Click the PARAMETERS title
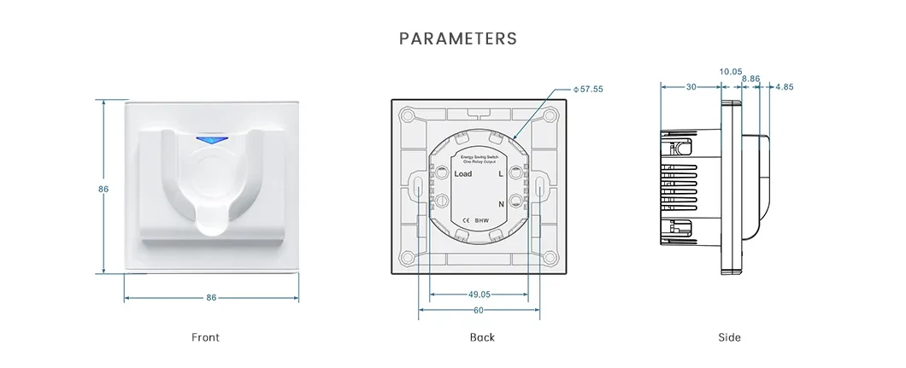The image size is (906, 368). (x=458, y=39)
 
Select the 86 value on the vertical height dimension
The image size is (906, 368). (x=103, y=189)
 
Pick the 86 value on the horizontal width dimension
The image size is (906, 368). (x=211, y=298)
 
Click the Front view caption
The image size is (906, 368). (x=205, y=337)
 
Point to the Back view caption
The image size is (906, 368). (x=482, y=337)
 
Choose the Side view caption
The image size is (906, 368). (x=729, y=337)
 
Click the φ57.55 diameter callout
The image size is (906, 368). (x=588, y=89)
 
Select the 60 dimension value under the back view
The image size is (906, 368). (x=479, y=310)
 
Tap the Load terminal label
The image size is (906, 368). (x=462, y=173)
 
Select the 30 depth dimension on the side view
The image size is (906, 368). (x=691, y=86)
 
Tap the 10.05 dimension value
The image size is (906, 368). (x=731, y=72)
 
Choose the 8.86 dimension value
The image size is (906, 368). (x=750, y=79)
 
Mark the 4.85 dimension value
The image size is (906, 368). (x=785, y=86)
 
